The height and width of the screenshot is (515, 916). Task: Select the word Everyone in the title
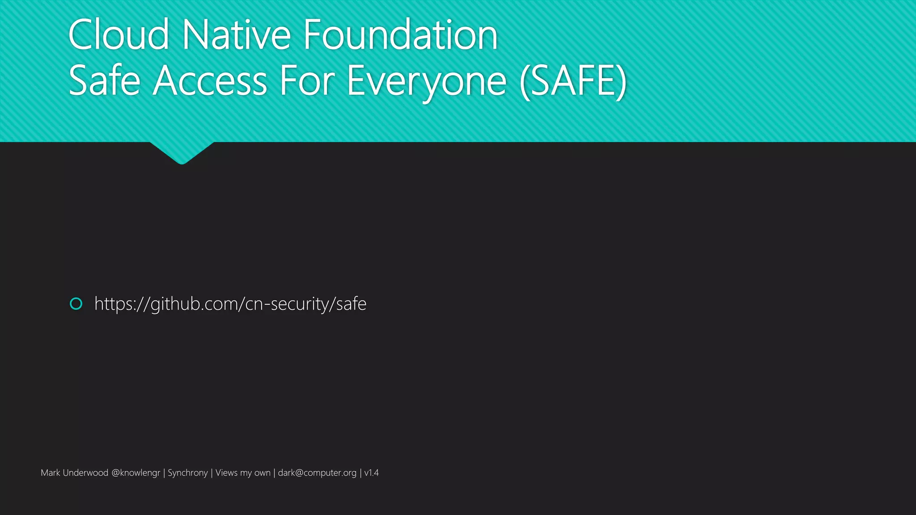point(427,81)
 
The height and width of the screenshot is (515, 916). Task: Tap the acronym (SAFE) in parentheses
point(573,81)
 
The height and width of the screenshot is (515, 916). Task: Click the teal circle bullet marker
point(76,304)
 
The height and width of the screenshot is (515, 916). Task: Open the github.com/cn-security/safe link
point(230,304)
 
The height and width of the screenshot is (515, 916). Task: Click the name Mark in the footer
point(50,473)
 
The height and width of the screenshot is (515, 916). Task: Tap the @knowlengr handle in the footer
point(136,473)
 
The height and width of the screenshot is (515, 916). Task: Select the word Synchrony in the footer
point(187,473)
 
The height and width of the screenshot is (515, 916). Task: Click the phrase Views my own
point(243,473)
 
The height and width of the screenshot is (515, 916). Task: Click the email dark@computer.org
point(317,473)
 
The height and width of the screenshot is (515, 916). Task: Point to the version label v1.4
point(371,473)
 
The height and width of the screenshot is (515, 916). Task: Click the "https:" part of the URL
point(114,304)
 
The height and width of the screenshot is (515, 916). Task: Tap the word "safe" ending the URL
point(351,304)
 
